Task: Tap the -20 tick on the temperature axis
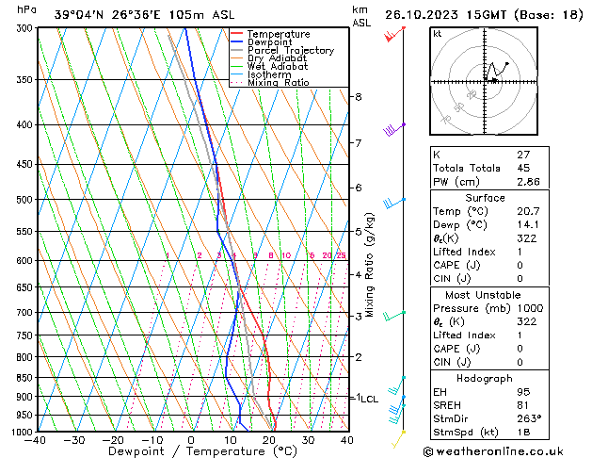pos(113,440)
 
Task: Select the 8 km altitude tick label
pos(358,97)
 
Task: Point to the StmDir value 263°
pos(525,418)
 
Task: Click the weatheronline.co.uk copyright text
pos(506,450)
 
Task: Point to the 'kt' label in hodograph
pos(438,34)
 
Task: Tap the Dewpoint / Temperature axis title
pos(191,451)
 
